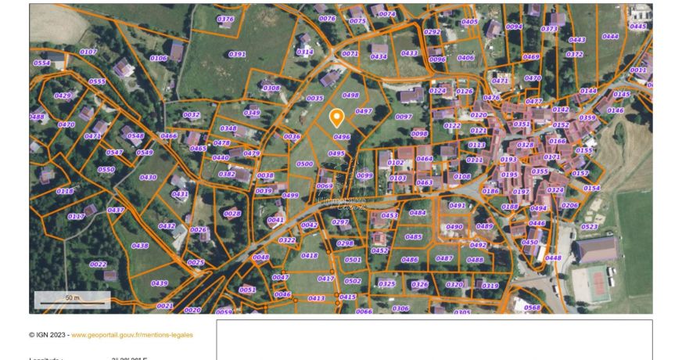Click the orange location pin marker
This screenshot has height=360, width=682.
click(336, 118)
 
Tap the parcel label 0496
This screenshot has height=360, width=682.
click(342, 137)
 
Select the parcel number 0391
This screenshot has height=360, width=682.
click(237, 55)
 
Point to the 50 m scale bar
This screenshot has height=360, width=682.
click(72, 300)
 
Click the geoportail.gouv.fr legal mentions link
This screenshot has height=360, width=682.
click(132, 335)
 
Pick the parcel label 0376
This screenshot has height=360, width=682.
click(225, 19)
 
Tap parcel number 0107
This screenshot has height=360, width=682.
click(88, 52)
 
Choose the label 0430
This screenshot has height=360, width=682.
click(148, 178)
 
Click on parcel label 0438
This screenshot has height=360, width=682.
click(140, 246)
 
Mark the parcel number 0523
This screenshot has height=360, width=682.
click(589, 227)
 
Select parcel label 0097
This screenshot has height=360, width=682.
click(404, 117)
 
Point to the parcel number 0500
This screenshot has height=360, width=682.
click(305, 164)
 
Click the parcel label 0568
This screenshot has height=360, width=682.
click(532, 308)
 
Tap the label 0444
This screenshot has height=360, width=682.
click(610, 36)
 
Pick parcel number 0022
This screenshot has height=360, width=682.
click(98, 265)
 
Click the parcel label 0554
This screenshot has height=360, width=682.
click(41, 63)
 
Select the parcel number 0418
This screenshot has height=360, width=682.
click(310, 256)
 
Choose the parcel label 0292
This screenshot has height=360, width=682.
click(432, 32)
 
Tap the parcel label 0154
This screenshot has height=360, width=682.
click(591, 189)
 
